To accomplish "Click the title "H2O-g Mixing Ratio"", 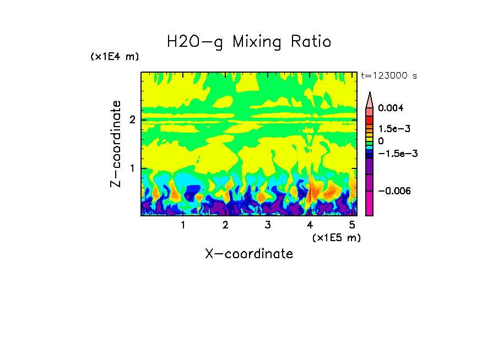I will (x=249, y=41).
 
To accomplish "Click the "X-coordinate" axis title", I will (x=249, y=254).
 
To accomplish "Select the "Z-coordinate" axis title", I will (x=116, y=144).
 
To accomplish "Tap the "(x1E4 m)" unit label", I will (x=115, y=57).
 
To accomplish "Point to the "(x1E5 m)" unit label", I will (x=336, y=237).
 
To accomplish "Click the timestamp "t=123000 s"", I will (x=388, y=76).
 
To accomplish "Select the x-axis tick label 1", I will (x=183, y=225).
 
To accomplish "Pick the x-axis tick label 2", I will (x=225, y=225).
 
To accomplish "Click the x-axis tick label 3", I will (x=267, y=225).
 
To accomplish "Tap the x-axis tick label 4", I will (x=310, y=225).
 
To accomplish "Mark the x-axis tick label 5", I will (x=351, y=225).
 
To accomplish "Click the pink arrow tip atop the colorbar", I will (x=370, y=99).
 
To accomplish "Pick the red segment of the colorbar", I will (x=370, y=119).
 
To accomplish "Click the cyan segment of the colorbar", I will (x=370, y=149).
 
